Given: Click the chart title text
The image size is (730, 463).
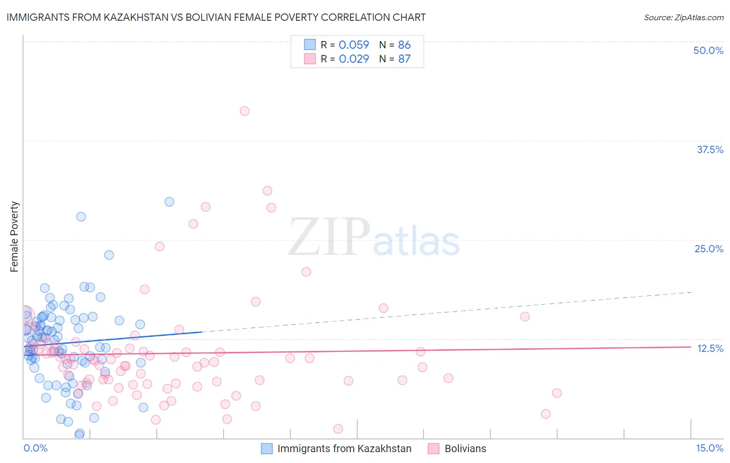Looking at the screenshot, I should (216, 17).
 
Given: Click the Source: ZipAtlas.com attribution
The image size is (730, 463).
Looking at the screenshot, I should (683, 18).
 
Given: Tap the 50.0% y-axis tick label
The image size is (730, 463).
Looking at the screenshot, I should (708, 50).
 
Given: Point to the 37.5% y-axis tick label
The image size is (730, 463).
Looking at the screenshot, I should (710, 149).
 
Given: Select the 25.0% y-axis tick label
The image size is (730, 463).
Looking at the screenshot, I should (709, 249).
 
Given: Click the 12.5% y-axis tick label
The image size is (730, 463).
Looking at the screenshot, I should (710, 348).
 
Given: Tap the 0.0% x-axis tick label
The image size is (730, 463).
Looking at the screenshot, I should (35, 448).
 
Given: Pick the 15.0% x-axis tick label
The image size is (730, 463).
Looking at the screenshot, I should (709, 448).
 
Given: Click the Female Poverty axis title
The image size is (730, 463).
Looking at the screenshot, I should (14, 237).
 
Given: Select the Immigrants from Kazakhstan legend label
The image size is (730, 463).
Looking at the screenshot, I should (344, 448).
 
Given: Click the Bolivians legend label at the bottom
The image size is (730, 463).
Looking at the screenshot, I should (465, 448).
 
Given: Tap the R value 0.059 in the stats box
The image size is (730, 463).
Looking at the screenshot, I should (354, 45).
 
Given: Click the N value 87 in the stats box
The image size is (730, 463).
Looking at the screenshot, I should (404, 59).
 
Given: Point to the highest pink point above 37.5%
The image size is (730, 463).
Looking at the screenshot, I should (245, 111).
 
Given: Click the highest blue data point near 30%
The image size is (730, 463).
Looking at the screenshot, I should (169, 202).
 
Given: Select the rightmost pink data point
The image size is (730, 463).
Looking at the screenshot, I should (557, 393).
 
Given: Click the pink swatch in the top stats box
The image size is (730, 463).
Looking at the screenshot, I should (310, 59).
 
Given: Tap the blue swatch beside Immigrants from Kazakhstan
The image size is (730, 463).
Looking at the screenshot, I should (266, 448).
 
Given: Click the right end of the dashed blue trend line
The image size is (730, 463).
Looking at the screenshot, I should (691, 292).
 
